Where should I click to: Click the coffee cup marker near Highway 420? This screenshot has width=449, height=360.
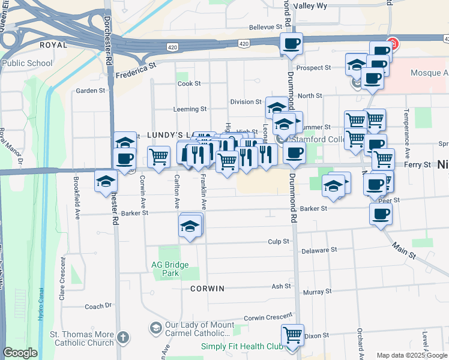tap(291, 44)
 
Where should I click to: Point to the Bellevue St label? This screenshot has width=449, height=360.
tap(265, 27)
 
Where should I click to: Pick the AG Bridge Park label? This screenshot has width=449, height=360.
tap(170, 269)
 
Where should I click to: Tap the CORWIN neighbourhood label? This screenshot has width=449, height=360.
tap(207, 289)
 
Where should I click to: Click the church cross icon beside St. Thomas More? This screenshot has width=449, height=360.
tap(123, 337)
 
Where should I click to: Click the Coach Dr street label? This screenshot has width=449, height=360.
tap(98, 306)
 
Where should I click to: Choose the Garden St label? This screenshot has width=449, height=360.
tap(91, 91)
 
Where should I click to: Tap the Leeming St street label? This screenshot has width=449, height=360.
tap(190, 109)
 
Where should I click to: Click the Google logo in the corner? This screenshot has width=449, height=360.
tap(20, 353)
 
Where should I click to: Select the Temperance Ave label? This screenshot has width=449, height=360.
tap(406, 128)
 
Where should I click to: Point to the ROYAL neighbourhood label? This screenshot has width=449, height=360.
tap(53, 45)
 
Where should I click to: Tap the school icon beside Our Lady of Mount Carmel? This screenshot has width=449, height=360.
tap(155, 328)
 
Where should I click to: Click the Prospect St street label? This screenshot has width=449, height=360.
tap(314, 68)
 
